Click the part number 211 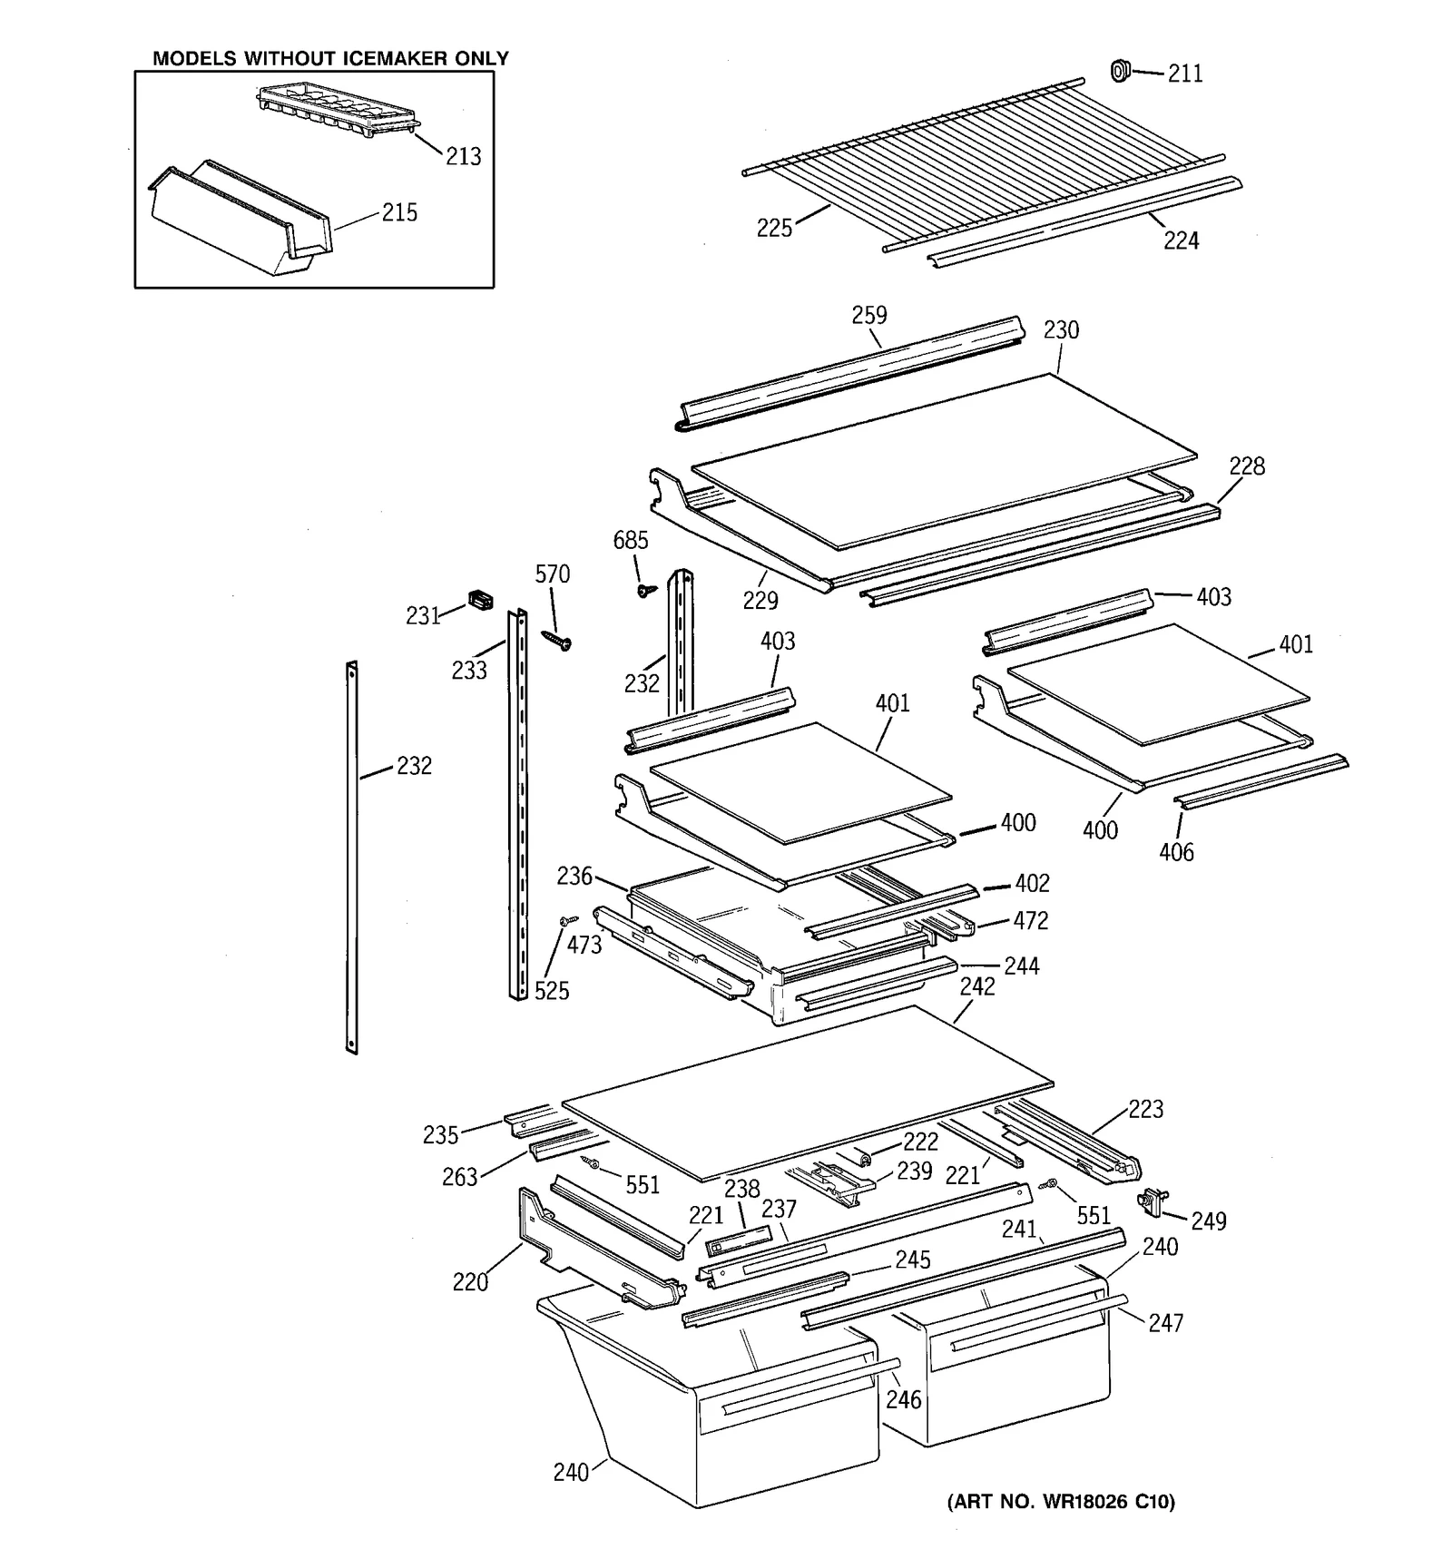click(x=1184, y=74)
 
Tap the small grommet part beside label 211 click(x=1120, y=70)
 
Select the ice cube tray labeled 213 click(x=338, y=112)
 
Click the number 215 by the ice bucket click(x=399, y=212)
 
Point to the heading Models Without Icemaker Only click(x=330, y=59)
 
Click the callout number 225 click(x=774, y=228)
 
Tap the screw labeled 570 click(x=555, y=641)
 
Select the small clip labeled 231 click(x=480, y=599)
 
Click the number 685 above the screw click(x=630, y=541)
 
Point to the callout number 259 click(x=868, y=315)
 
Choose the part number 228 click(x=1246, y=466)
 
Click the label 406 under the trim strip click(x=1176, y=851)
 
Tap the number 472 click(x=1030, y=921)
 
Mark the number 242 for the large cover click(x=977, y=986)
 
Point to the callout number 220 click(x=470, y=1281)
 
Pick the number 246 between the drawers click(x=903, y=1399)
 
